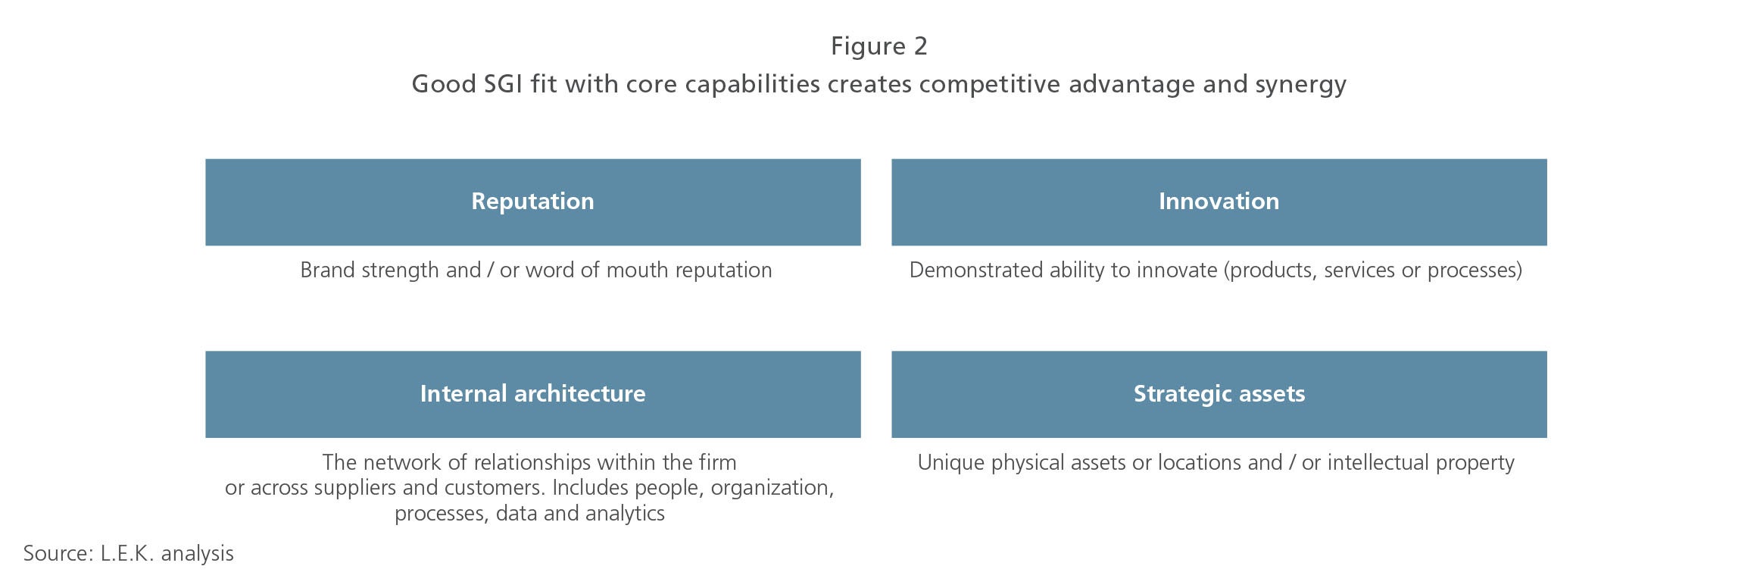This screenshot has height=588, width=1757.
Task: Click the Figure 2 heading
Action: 878,46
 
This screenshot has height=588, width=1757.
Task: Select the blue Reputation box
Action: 532,202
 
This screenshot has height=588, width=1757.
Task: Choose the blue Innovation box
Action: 1219,202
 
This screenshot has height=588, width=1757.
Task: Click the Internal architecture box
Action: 532,394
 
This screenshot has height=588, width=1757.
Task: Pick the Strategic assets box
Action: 1219,394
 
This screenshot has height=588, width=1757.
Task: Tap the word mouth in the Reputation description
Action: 638,270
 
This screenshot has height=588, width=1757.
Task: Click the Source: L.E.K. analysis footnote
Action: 129,554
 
